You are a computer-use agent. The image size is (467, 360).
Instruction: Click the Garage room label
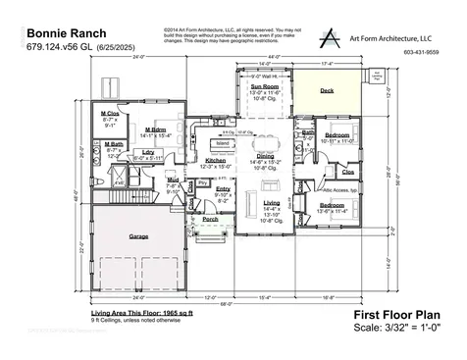click(139, 236)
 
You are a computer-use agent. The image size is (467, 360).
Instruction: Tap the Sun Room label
click(264, 86)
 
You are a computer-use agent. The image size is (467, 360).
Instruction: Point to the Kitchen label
click(216, 159)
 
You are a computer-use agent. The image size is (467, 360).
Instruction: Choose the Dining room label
click(265, 156)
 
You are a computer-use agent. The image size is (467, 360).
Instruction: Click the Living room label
click(272, 201)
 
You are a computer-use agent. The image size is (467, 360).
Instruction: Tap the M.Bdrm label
click(155, 129)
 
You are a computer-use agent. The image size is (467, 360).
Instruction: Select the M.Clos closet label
click(110, 114)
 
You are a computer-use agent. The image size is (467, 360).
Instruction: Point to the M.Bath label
click(113, 144)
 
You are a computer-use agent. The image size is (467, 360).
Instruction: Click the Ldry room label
click(148, 152)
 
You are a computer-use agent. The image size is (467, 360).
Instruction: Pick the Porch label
click(210, 219)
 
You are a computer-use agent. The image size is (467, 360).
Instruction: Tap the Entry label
click(223, 188)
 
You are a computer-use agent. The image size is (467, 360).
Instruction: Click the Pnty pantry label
click(203, 182)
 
